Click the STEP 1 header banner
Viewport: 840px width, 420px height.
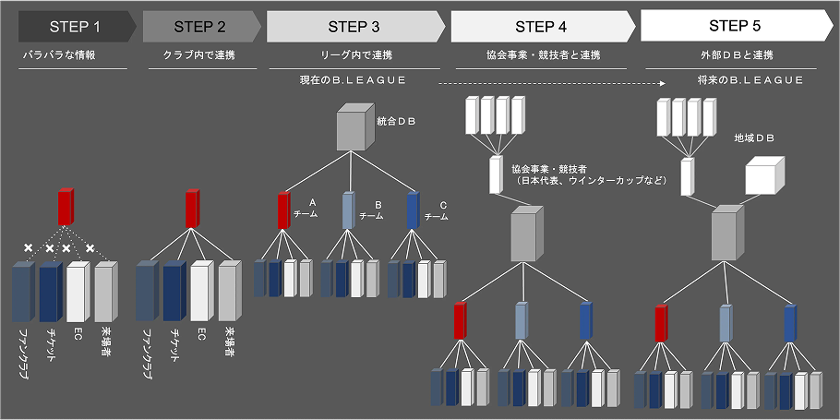pyautogui.click(x=74, y=26)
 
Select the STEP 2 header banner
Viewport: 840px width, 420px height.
pyautogui.click(x=198, y=26)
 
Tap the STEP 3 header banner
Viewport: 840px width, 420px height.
pyautogui.click(x=353, y=26)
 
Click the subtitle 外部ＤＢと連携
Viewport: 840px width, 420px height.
pyautogui.click(x=736, y=55)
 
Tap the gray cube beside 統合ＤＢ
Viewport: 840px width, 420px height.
pyautogui.click(x=354, y=127)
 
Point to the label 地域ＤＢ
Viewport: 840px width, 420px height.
pyautogui.click(x=754, y=138)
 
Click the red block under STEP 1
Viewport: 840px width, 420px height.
pyautogui.click(x=66, y=207)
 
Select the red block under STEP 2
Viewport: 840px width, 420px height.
pyautogui.click(x=191, y=208)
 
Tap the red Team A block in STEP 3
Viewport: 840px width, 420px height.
pyautogui.click(x=284, y=210)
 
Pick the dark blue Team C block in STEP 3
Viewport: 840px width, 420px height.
pyautogui.click(x=413, y=210)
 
